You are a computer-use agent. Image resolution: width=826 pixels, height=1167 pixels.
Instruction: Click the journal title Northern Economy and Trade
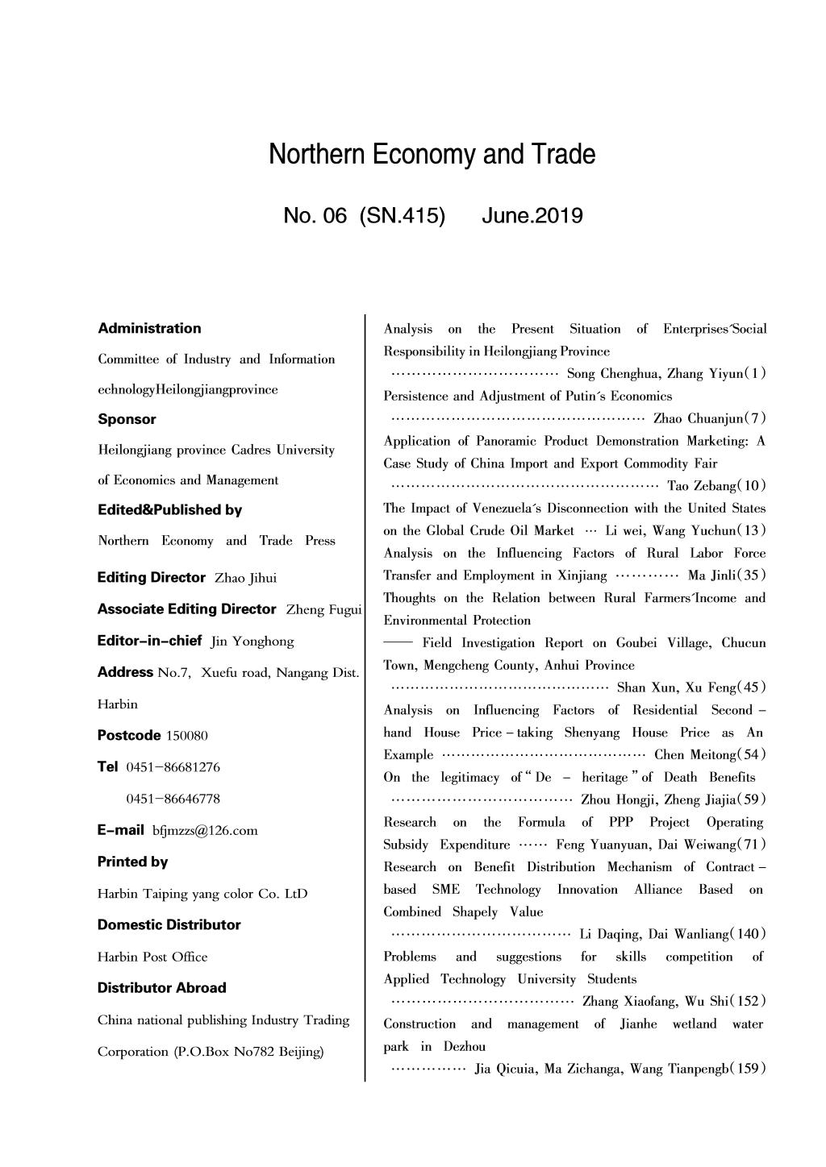pyautogui.click(x=432, y=154)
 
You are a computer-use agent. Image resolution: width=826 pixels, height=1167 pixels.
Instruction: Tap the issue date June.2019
pyautogui.click(x=532, y=216)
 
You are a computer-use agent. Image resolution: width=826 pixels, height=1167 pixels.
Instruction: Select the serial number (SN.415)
pyautogui.click(x=402, y=216)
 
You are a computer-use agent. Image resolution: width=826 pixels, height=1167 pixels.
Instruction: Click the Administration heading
pyautogui.click(x=149, y=328)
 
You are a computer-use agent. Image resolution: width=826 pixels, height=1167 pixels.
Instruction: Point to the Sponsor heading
pyautogui.click(x=127, y=419)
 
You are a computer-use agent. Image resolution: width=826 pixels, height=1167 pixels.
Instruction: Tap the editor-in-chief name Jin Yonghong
pyautogui.click(x=252, y=642)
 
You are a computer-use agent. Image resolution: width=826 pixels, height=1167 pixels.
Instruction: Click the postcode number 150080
pyautogui.click(x=186, y=736)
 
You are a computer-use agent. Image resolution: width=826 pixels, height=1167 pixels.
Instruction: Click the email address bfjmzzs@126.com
pyautogui.click(x=205, y=831)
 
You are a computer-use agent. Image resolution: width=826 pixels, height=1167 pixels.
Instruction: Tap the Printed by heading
pyautogui.click(x=132, y=862)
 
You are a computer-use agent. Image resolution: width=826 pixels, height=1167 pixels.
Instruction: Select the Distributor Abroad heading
pyautogui.click(x=161, y=987)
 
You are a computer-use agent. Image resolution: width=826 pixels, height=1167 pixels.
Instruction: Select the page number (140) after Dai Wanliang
pyautogui.click(x=748, y=934)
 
